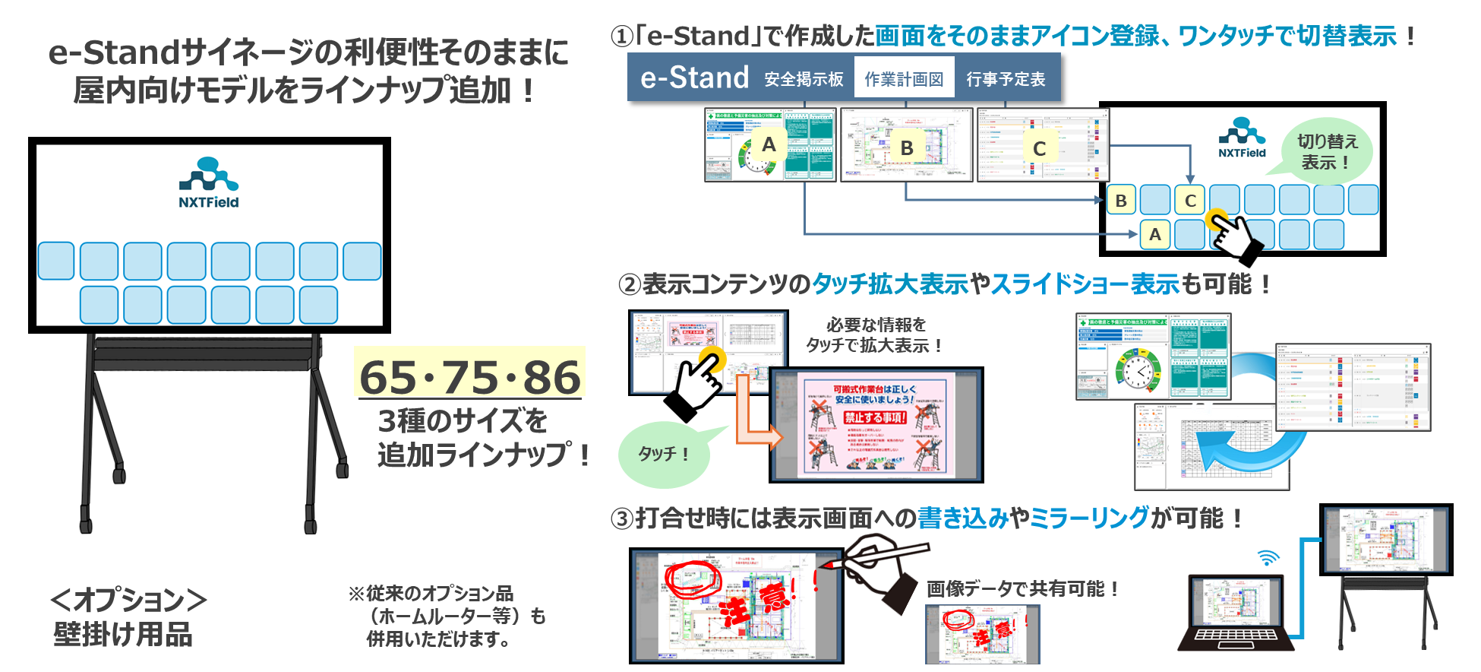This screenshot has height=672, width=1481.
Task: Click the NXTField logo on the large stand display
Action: (209, 182)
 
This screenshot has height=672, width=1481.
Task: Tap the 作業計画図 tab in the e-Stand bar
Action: (904, 79)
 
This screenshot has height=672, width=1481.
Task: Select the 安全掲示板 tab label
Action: (804, 79)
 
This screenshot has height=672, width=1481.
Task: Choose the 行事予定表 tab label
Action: (1006, 79)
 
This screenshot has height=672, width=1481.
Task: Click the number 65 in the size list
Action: (388, 377)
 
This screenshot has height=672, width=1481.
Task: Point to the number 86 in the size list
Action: (551, 377)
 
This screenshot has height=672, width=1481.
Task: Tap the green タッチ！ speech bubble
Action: (664, 454)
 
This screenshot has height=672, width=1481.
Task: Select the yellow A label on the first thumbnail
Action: (769, 144)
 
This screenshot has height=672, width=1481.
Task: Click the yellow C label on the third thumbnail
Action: (1039, 148)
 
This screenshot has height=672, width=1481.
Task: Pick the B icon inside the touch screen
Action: (1121, 201)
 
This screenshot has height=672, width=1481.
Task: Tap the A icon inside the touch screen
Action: (1154, 235)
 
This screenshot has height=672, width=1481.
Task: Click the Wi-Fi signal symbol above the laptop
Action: (1268, 559)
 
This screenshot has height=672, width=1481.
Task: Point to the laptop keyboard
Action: (1235, 636)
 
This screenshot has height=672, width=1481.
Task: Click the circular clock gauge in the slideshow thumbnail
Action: (1138, 370)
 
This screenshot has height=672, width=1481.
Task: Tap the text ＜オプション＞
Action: (128, 600)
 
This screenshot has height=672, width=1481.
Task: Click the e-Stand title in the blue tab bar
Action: (694, 78)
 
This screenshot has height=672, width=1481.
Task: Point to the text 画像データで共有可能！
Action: (1022, 588)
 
